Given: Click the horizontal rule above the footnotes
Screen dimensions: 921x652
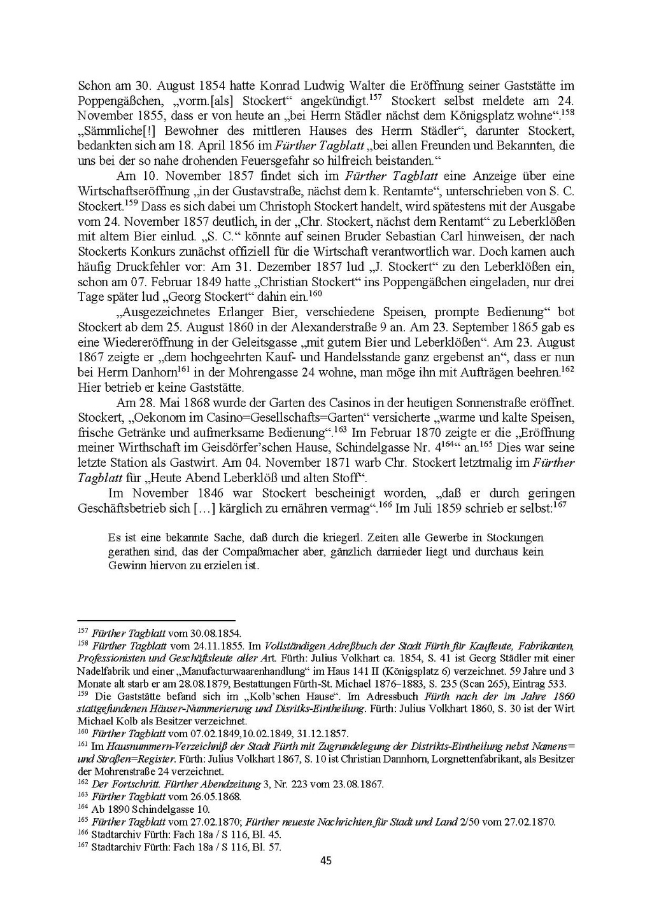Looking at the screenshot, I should coord(156,620).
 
